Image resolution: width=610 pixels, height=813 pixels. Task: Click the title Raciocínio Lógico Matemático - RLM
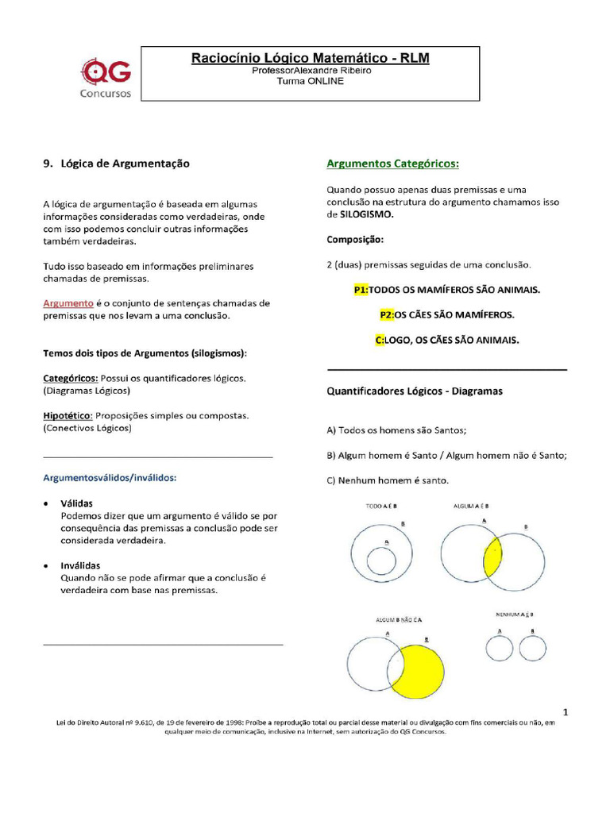(311, 58)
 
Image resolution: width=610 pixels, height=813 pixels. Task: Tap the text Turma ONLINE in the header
(311, 82)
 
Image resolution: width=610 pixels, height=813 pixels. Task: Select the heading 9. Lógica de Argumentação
(116, 164)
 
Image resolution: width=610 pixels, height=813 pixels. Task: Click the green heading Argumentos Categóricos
(393, 164)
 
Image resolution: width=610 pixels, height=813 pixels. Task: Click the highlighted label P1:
(361, 290)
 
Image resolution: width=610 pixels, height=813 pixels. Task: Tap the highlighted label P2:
(388, 314)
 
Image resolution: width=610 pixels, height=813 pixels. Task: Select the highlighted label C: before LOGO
(379, 340)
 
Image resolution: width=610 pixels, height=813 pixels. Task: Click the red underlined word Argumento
(68, 303)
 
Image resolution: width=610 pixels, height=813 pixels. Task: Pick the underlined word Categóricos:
(71, 378)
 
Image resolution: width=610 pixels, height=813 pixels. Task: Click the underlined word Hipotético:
(68, 415)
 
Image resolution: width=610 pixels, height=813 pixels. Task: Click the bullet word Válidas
(77, 503)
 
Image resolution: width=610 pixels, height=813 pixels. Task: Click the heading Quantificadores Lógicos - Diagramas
(415, 391)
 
